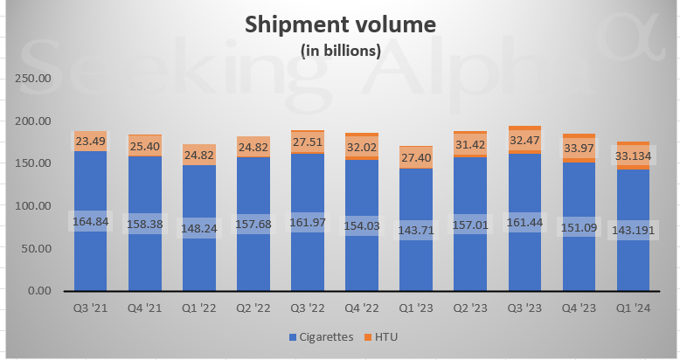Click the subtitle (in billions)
coord(340,51)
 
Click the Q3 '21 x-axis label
coord(90,307)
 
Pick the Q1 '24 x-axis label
coord(633,307)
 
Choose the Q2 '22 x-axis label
coord(253,307)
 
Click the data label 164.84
coord(90,222)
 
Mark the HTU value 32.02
coord(362,148)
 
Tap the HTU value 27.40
coord(416,156)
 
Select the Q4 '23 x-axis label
coord(579,307)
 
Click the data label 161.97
coord(307,223)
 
